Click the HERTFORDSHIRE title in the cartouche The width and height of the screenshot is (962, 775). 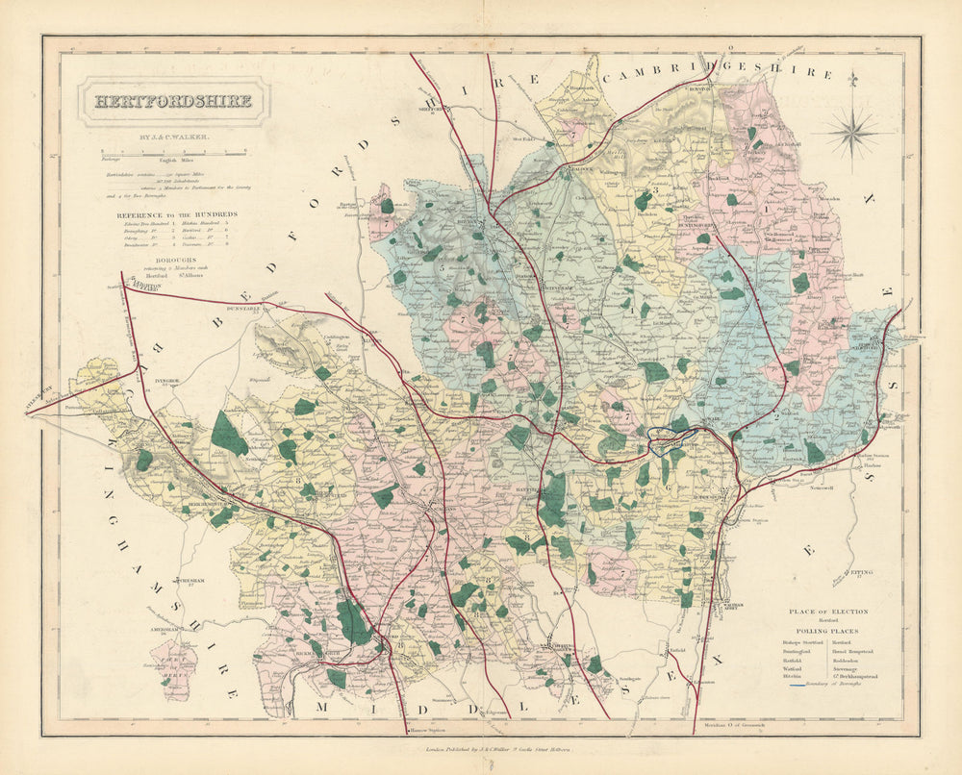pyautogui.click(x=173, y=101)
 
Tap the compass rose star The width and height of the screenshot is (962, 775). pyautogui.click(x=851, y=130)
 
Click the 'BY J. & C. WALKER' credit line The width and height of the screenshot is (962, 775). pyautogui.click(x=174, y=138)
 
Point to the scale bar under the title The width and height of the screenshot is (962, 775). pyautogui.click(x=174, y=152)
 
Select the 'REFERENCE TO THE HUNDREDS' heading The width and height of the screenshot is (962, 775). pyautogui.click(x=177, y=214)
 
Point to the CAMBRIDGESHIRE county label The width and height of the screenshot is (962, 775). pyautogui.click(x=717, y=72)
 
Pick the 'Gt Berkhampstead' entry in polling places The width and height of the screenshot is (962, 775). pyautogui.click(x=854, y=677)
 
